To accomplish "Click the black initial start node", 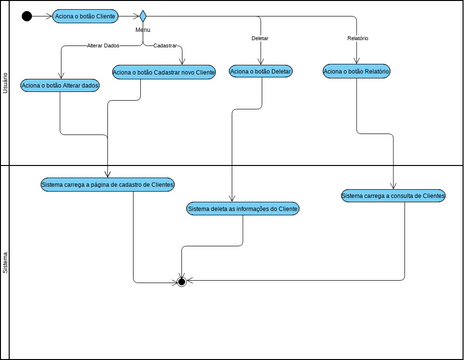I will (x=26, y=16).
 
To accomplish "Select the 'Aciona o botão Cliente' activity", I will (x=84, y=16).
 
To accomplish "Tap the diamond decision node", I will (x=143, y=16).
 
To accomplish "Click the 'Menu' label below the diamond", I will (x=143, y=30).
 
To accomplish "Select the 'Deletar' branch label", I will (x=260, y=38).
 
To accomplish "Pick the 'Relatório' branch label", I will (x=357, y=38).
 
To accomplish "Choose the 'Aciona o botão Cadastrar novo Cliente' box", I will (x=164, y=72).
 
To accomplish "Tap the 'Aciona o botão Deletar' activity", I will (x=260, y=71).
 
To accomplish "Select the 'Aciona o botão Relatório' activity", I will (x=357, y=71).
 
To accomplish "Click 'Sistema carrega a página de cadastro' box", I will (x=108, y=185).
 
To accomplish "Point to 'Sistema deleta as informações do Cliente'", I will (x=243, y=209).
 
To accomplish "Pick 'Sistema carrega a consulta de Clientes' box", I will (x=393, y=197).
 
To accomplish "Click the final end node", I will (x=181, y=282).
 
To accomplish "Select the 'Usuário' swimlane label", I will (x=7, y=83).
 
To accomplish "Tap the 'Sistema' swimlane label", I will (x=7, y=263).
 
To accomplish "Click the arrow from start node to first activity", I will (x=43, y=16).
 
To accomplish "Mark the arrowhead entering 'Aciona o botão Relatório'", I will (x=357, y=62).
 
